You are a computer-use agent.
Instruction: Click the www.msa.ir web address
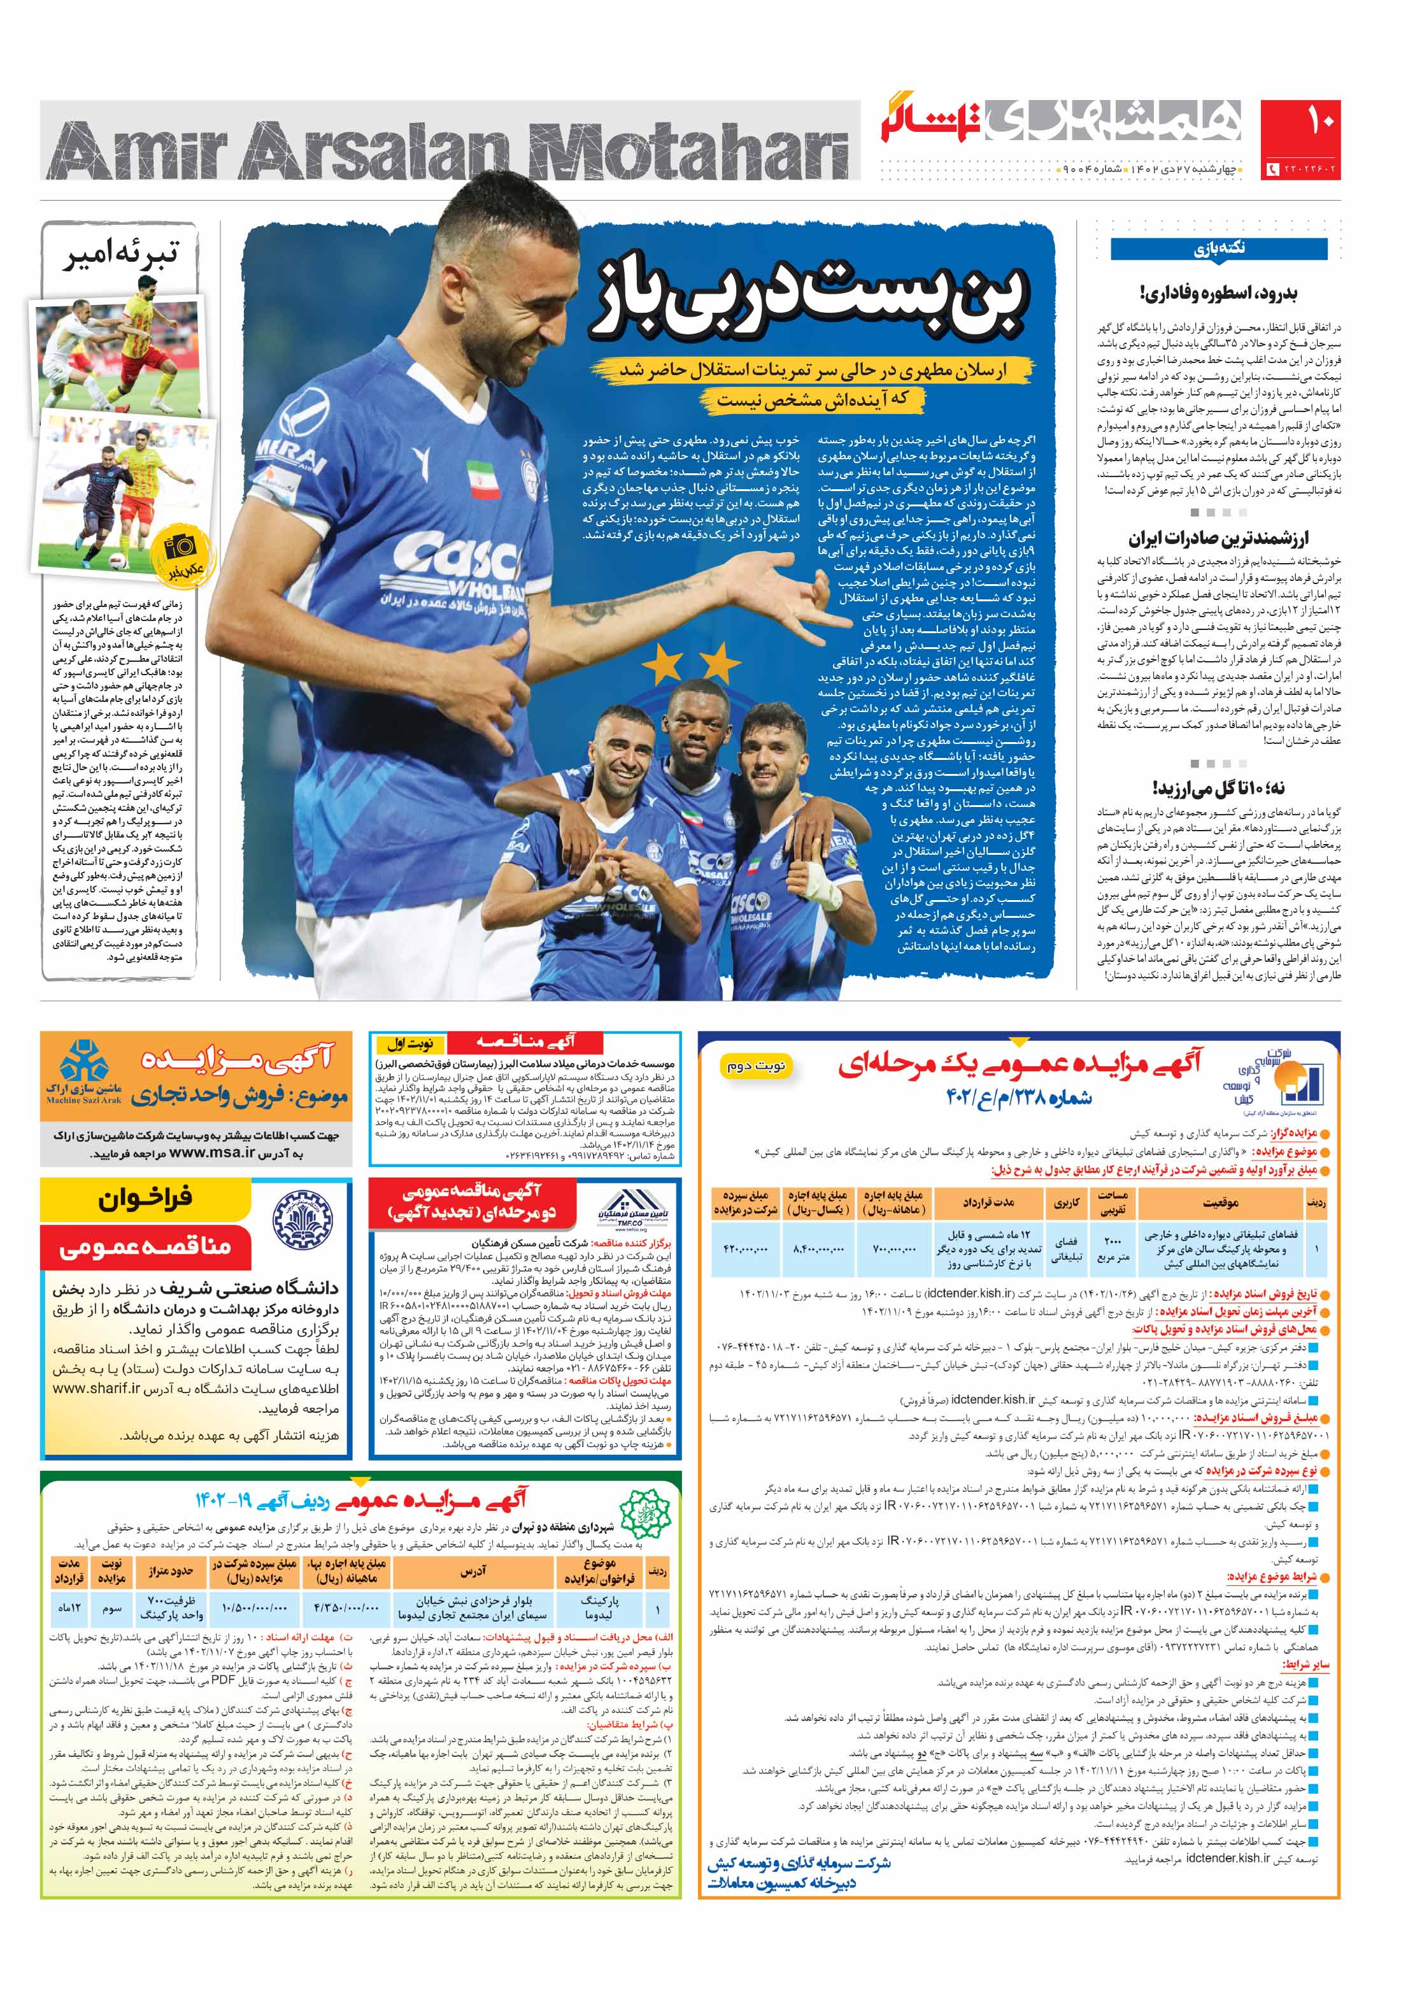pyautogui.click(x=212, y=1153)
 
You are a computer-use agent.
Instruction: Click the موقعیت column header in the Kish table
pyautogui.click(x=1221, y=1203)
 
